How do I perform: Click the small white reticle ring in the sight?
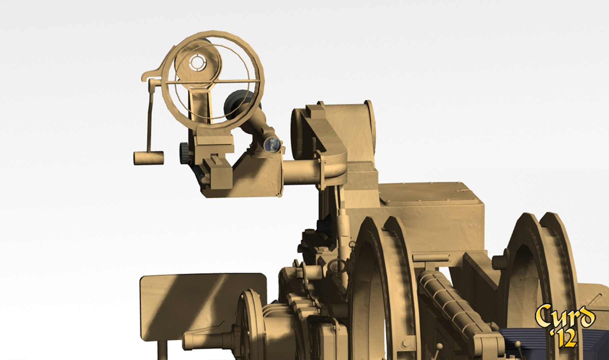197,62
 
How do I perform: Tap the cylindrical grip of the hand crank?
149,158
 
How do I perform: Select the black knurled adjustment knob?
184,153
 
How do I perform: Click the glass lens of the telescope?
272,145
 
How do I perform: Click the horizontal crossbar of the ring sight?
213,81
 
